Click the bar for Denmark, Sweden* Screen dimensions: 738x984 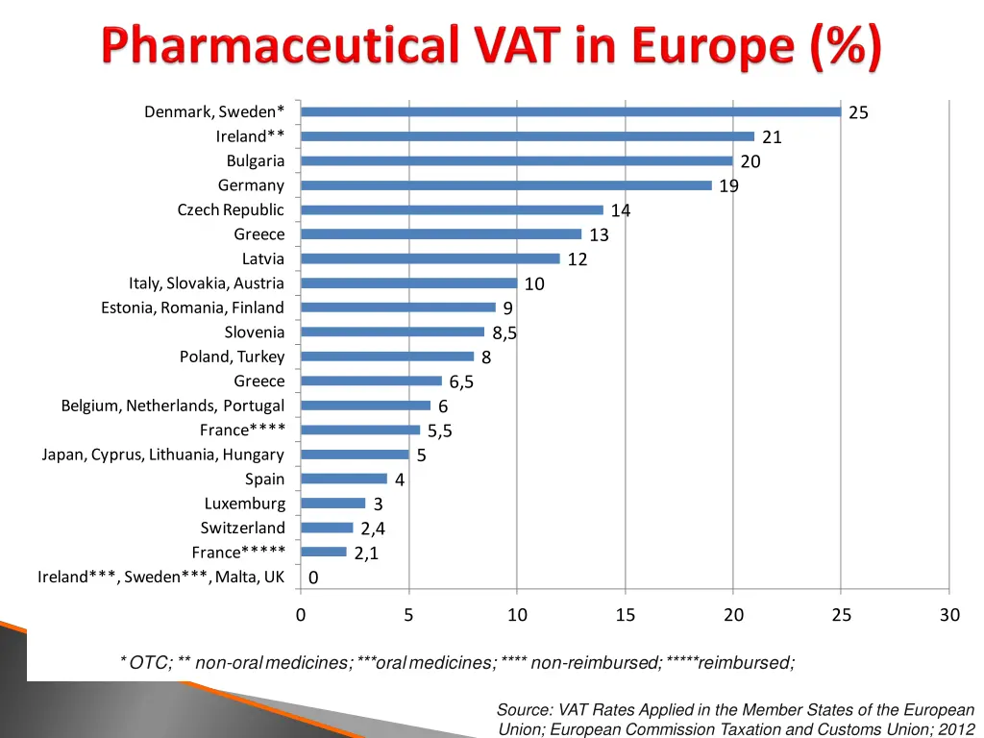pyautogui.click(x=571, y=111)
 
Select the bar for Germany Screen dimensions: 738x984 pyautogui.click(x=506, y=185)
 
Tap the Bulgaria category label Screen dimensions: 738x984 pyautogui.click(x=256, y=160)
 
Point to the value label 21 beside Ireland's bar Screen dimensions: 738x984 pyautogui.click(x=772, y=137)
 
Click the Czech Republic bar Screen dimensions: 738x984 pyautogui.click(x=452, y=209)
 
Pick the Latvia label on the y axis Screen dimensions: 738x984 pyautogui.click(x=263, y=258)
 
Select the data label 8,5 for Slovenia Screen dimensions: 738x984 pyautogui.click(x=504, y=333)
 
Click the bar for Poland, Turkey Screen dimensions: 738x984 pyautogui.click(x=387, y=357)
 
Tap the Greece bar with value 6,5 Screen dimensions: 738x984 pyautogui.click(x=371, y=381)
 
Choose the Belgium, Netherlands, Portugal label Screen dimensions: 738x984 pyautogui.click(x=173, y=406)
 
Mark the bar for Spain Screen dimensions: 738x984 pyautogui.click(x=344, y=479)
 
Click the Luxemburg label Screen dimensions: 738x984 pyautogui.click(x=245, y=504)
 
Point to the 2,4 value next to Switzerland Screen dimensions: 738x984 pyautogui.click(x=373, y=529)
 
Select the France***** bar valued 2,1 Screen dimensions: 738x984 pyautogui.click(x=324, y=552)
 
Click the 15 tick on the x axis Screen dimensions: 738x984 pyautogui.click(x=626, y=615)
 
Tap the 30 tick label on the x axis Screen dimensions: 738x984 pyautogui.click(x=949, y=615)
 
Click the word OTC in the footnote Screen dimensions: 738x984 pyautogui.click(x=149, y=662)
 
